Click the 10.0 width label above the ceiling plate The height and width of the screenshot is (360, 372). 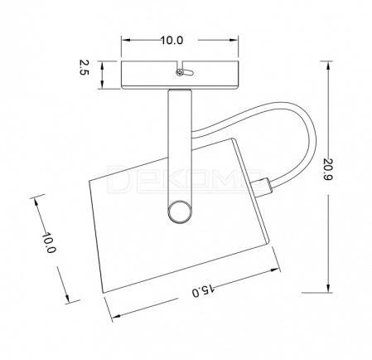tap(172, 41)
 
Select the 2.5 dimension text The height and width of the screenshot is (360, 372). tap(84, 67)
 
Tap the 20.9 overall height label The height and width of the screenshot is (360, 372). tap(328, 169)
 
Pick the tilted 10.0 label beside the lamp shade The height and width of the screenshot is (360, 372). tap(49, 242)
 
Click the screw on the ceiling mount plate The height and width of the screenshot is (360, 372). tap(180, 72)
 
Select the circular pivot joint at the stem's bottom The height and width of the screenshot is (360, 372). tap(180, 212)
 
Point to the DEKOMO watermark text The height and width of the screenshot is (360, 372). tap(186, 178)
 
